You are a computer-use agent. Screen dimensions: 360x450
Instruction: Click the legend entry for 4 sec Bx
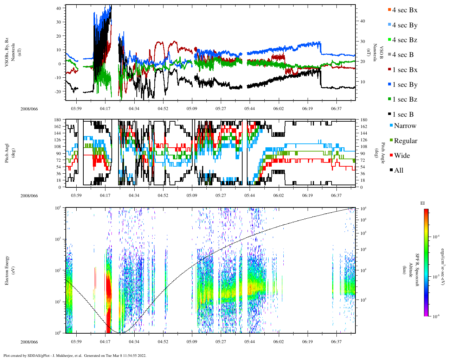click(404, 10)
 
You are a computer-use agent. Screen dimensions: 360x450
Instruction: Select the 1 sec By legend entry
click(405, 85)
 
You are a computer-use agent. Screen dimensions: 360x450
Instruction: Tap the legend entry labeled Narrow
click(405, 126)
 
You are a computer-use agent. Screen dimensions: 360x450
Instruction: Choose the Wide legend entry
click(401, 156)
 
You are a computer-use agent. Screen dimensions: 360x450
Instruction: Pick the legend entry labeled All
click(398, 171)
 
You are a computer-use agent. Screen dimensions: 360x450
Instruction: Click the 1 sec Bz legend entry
click(405, 99)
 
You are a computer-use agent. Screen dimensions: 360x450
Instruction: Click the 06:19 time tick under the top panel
click(307, 109)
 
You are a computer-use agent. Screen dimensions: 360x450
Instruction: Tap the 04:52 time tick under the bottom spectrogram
click(163, 342)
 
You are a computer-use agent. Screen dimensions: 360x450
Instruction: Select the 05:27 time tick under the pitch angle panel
click(221, 195)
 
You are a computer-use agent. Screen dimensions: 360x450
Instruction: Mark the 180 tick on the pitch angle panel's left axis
click(58, 120)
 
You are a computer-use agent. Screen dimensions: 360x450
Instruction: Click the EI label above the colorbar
click(423, 203)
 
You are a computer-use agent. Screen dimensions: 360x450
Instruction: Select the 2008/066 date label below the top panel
click(29, 109)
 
